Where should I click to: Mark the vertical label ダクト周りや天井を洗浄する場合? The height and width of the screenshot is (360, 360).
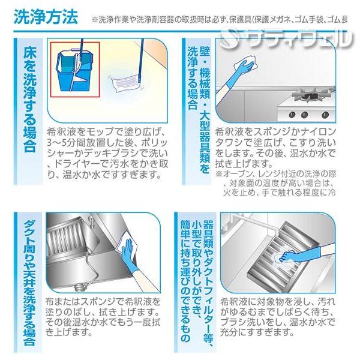coord(27,282)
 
